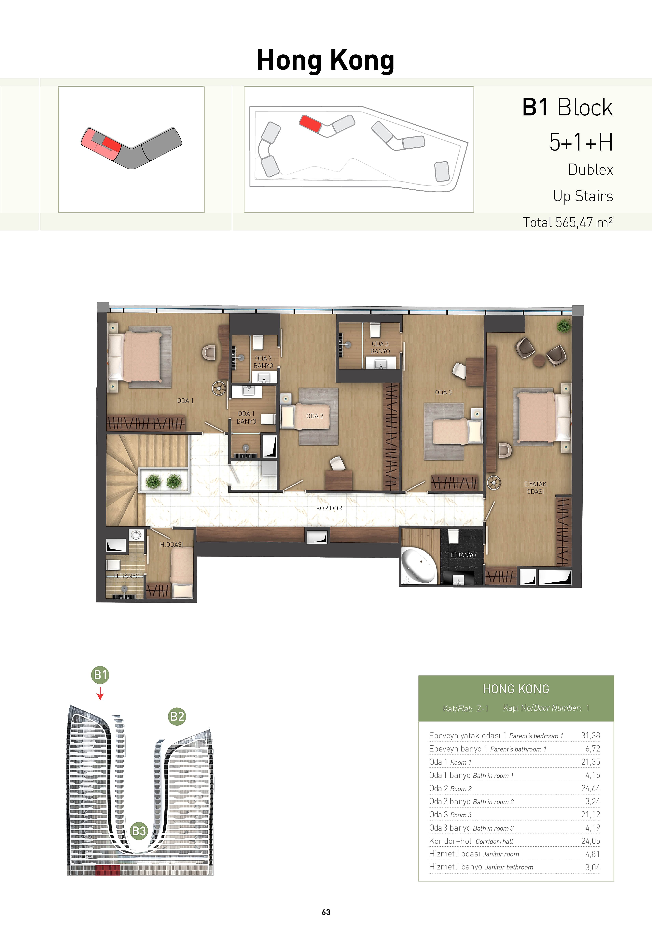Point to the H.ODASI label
[x=172, y=544]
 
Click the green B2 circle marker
[x=177, y=716]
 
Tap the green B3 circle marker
[x=139, y=831]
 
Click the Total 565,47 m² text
[x=568, y=223]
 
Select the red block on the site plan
[x=310, y=123]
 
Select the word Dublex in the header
[x=590, y=170]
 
